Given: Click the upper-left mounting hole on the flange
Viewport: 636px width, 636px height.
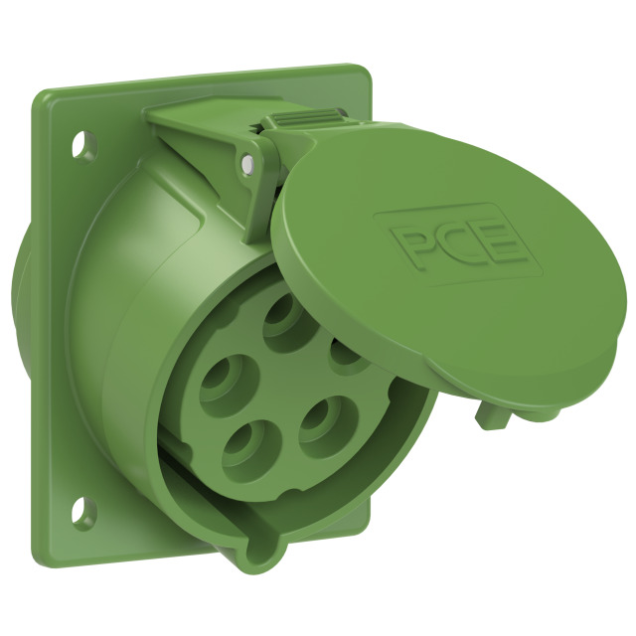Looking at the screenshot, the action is pos(84,146).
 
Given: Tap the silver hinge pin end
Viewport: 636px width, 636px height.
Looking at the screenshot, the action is pos(246,163).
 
